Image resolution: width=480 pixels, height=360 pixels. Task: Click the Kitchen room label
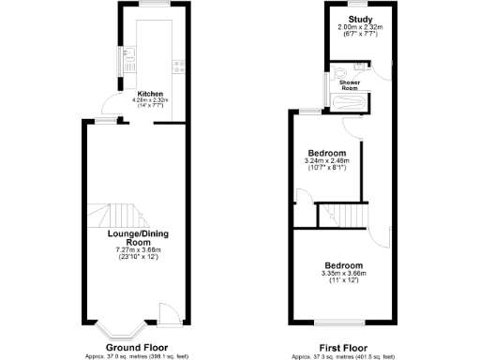[x=152, y=95]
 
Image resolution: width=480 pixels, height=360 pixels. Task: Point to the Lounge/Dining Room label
[x=138, y=237]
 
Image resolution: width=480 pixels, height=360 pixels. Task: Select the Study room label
[x=360, y=19]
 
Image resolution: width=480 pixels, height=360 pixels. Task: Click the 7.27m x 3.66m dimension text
[x=138, y=250]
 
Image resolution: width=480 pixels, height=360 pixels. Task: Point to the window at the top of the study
[x=359, y=6]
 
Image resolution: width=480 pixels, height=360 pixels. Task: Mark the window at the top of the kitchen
[x=152, y=6]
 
